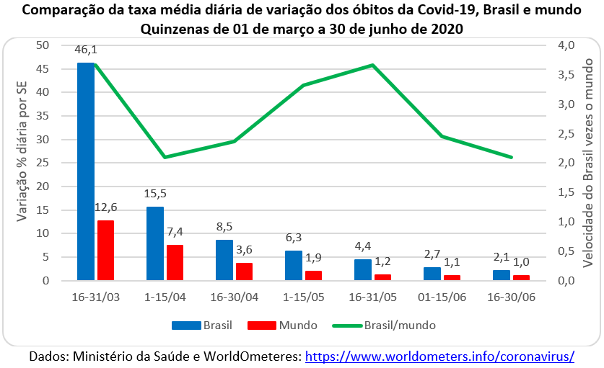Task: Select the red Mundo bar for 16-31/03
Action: point(105,250)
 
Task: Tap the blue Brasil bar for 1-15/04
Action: point(155,243)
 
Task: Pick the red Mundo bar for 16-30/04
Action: point(244,271)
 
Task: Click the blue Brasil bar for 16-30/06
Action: point(502,275)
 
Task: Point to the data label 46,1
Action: point(86,50)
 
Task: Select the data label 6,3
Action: point(293,237)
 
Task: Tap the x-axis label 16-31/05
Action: point(372,297)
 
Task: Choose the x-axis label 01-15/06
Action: point(441,297)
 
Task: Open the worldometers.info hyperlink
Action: point(440,356)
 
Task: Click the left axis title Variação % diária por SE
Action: point(21,163)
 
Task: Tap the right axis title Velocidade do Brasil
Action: point(588,163)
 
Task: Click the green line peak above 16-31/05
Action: point(372,65)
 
